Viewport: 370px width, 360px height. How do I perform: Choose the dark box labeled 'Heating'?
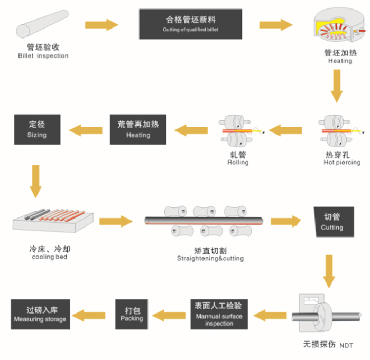coord(138,129)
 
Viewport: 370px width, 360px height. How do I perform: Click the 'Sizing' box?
coord(36,129)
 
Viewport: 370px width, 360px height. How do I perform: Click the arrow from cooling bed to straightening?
coord(115,221)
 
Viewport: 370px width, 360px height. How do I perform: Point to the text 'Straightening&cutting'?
coord(210,259)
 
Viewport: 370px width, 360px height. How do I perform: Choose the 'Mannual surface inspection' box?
coord(218,314)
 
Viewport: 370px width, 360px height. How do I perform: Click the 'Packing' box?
coord(132,314)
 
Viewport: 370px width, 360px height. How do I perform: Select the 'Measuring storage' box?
coord(40,314)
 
